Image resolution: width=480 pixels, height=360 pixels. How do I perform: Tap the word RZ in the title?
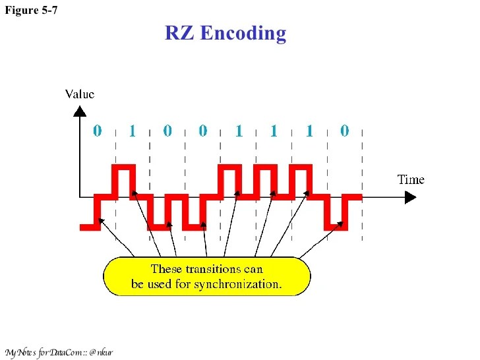pos(179,33)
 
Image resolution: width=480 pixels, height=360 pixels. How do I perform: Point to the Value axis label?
pos(79,94)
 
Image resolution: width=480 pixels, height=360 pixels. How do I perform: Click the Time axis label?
pos(410,179)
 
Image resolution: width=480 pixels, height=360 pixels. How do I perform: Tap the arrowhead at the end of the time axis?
pos(411,196)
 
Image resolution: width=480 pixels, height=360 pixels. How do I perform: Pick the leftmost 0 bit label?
pos(97,131)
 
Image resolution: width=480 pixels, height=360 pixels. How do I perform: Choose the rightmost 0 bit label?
pos(344,131)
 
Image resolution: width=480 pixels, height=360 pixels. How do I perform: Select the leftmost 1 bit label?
pos(132,132)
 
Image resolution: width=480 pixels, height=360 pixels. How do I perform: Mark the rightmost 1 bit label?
pos(309,132)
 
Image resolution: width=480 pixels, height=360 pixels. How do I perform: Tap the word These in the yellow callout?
pos(166,269)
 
